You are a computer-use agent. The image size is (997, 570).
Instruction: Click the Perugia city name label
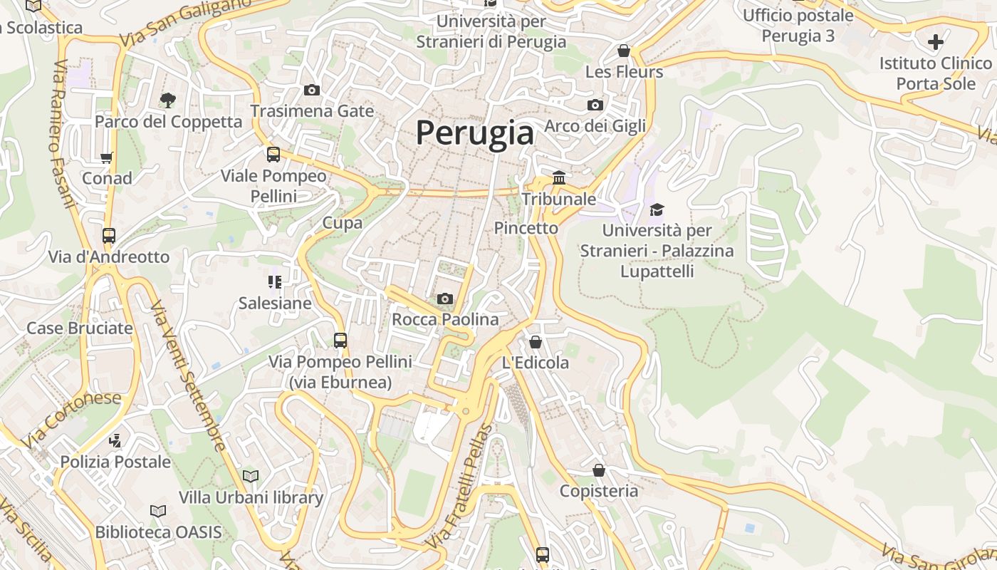[474, 133]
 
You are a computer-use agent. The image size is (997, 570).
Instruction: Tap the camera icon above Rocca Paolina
[445, 299]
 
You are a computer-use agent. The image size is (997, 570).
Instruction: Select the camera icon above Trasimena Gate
[312, 90]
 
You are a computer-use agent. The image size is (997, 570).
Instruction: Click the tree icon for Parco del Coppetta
[168, 100]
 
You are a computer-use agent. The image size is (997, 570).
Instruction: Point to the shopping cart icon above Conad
[107, 157]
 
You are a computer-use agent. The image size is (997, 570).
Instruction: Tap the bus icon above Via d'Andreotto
[109, 236]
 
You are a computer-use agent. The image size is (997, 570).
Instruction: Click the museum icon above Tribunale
[559, 177]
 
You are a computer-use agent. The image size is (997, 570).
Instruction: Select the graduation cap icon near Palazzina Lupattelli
[657, 209]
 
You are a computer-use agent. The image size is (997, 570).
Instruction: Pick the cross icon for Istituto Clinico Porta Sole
[936, 41]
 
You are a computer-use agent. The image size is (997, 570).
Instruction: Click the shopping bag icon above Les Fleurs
[624, 51]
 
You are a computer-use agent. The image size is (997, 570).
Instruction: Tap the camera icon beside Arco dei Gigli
[595, 105]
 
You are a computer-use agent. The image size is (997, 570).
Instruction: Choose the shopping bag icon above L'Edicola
[536, 342]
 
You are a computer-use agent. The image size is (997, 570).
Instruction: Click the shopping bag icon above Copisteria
[599, 470]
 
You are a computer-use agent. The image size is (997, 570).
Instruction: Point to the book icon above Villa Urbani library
[251, 475]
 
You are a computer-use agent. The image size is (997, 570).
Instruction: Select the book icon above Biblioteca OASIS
[158, 511]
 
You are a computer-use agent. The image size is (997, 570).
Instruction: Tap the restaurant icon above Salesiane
[275, 282]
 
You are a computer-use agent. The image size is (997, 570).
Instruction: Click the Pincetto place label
[526, 228]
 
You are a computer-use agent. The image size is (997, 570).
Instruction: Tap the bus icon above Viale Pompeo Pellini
[273, 155]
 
